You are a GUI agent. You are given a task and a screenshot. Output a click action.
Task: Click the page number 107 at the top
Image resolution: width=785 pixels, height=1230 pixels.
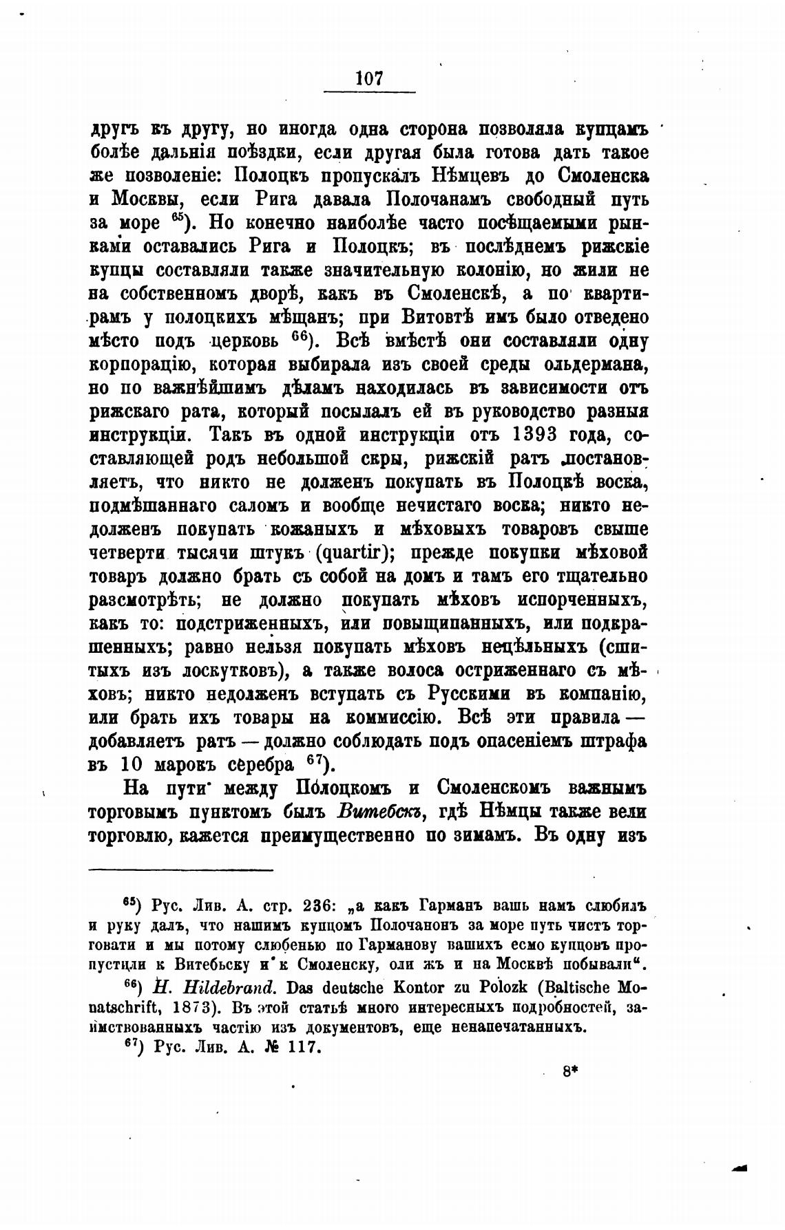369,79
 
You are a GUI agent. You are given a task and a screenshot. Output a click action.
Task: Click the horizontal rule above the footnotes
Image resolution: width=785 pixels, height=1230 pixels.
181,870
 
